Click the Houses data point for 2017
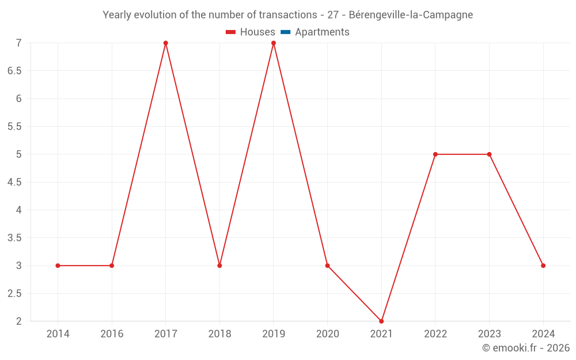pos(165,43)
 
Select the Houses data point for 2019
pos(274,43)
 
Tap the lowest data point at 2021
pos(381,321)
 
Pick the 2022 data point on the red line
pos(435,154)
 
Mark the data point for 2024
pos(543,266)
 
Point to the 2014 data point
pos(58,266)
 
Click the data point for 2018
pos(219,266)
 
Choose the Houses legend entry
pos(251,32)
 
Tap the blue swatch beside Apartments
pos(285,32)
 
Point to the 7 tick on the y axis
pos(19,43)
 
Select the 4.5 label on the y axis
pos(14,182)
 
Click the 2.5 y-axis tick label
pos(14,294)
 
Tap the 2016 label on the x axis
pos(112,334)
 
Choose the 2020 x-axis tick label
pos(327,334)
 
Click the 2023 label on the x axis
pos(489,334)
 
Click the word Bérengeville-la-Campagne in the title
pos(411,15)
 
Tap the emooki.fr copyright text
pos(526,348)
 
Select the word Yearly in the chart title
pos(117,15)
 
